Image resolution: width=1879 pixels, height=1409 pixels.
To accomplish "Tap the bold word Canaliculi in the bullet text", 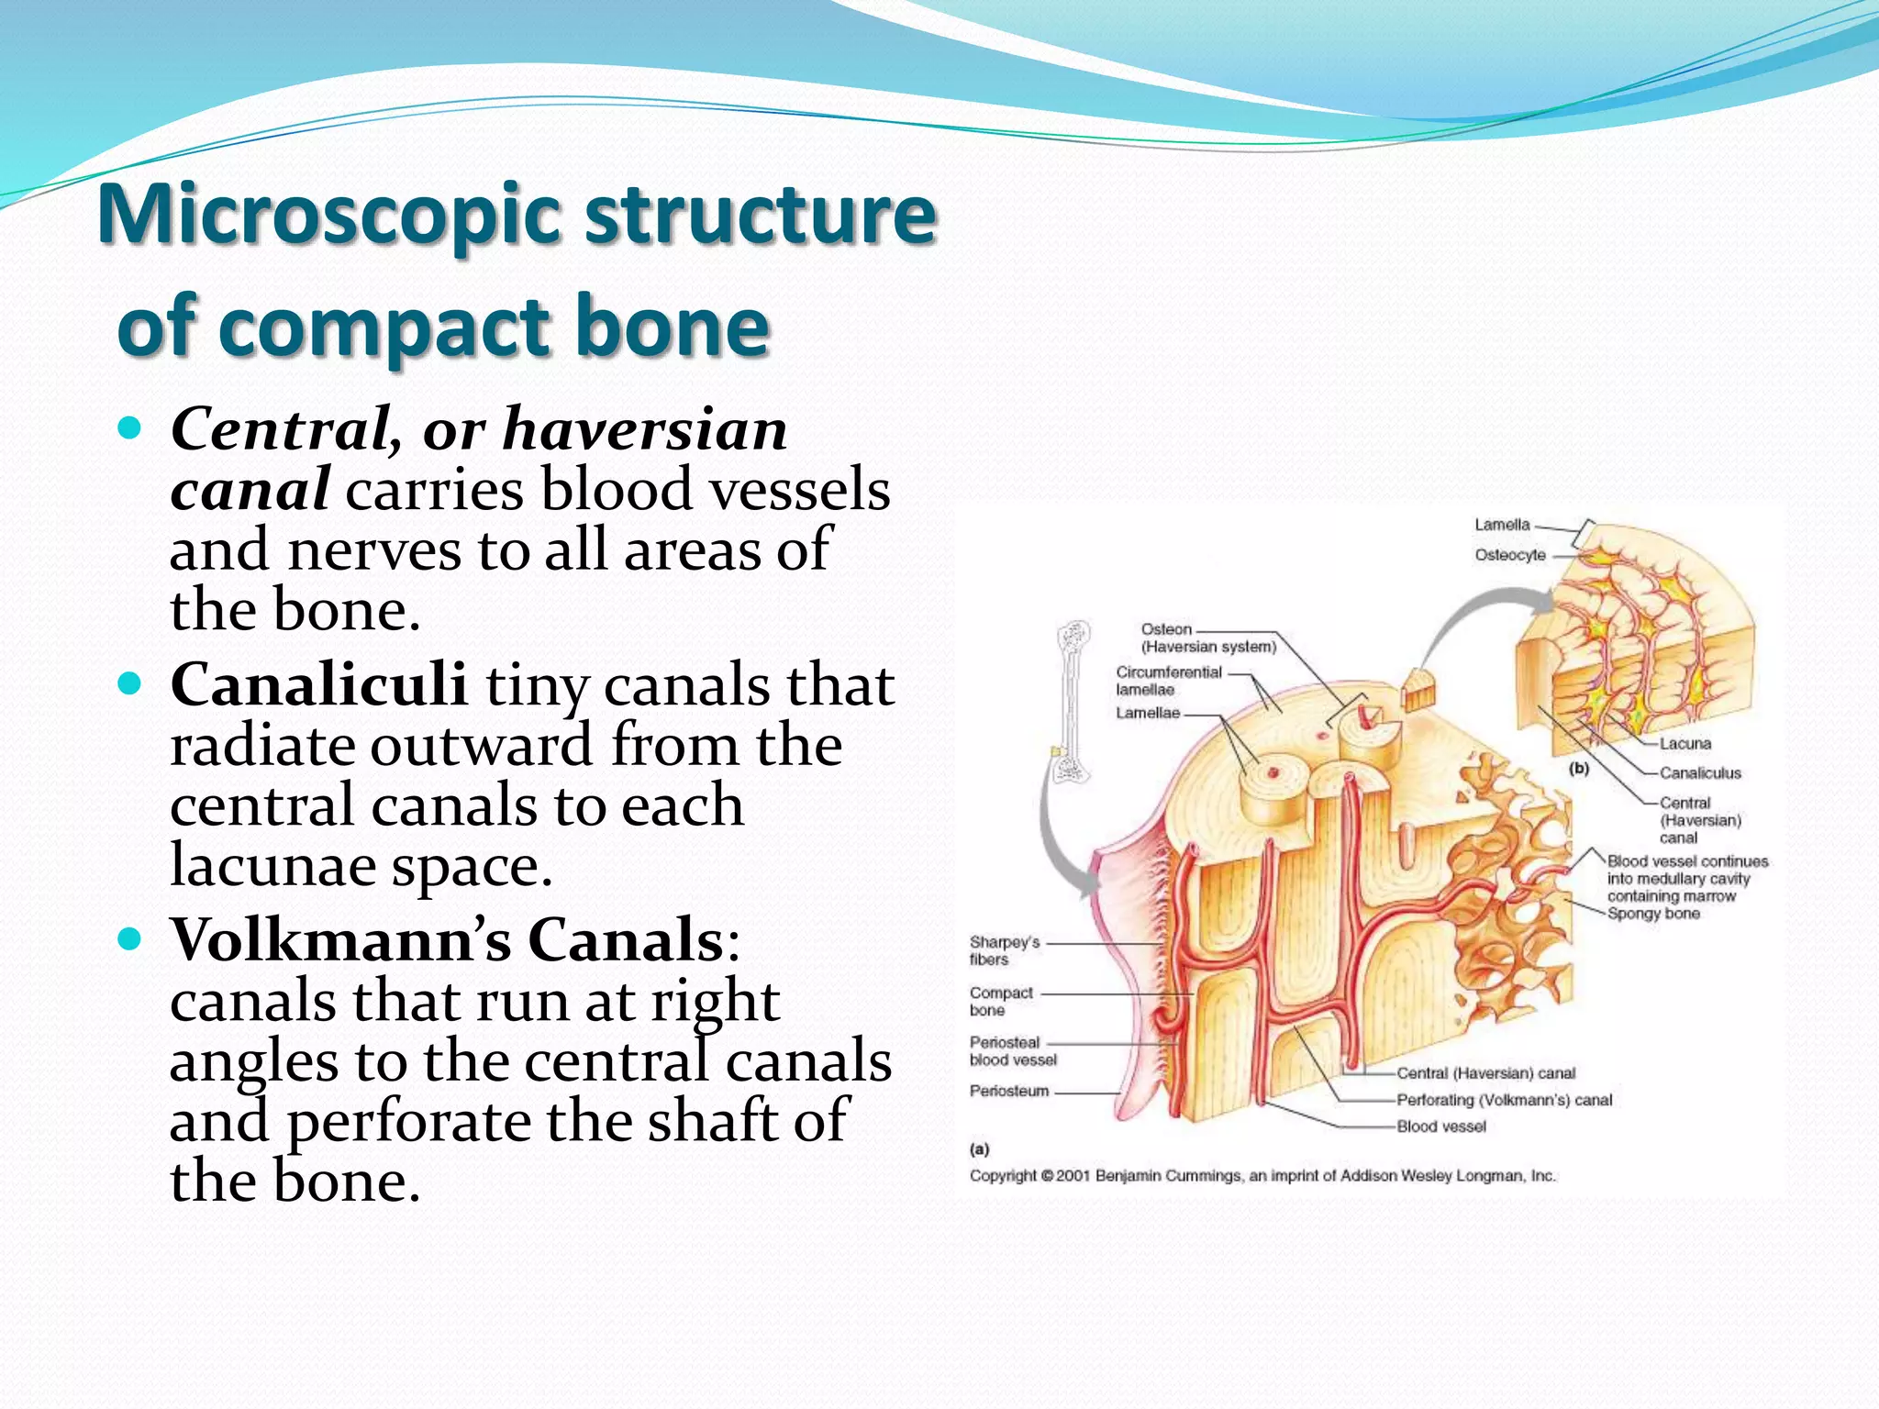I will pyautogui.click(x=318, y=685).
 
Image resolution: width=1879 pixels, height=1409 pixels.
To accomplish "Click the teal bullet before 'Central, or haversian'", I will pyautogui.click(x=131, y=428).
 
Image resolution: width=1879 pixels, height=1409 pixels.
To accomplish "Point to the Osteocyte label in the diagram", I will pyautogui.click(x=1509, y=555).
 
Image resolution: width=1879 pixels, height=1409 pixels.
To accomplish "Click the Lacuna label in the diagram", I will pyautogui.click(x=1684, y=743).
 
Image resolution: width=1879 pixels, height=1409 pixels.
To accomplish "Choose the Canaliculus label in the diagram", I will pyautogui.click(x=1699, y=773).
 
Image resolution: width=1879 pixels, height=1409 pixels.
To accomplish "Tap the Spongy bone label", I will pyautogui.click(x=1653, y=914).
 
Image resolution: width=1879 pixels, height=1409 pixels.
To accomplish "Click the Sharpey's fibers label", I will pyautogui.click(x=1004, y=950).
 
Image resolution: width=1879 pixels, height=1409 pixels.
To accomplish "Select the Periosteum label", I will pyautogui.click(x=1008, y=1091).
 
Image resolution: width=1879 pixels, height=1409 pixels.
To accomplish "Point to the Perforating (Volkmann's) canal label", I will pyautogui.click(x=1504, y=1100).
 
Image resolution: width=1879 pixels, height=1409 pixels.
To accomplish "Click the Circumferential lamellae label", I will pyautogui.click(x=1168, y=681).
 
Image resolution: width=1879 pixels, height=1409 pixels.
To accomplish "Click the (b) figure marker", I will pyautogui.click(x=1578, y=769).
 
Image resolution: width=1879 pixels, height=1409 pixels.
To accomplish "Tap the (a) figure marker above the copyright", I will pyautogui.click(x=979, y=1148).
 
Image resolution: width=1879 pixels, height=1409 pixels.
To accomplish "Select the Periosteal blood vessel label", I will pyautogui.click(x=1012, y=1051).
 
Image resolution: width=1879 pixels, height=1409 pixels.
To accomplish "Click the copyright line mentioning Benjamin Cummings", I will pyautogui.click(x=1262, y=1176).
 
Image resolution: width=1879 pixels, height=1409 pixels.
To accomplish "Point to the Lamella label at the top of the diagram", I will pyautogui.click(x=1502, y=525).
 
